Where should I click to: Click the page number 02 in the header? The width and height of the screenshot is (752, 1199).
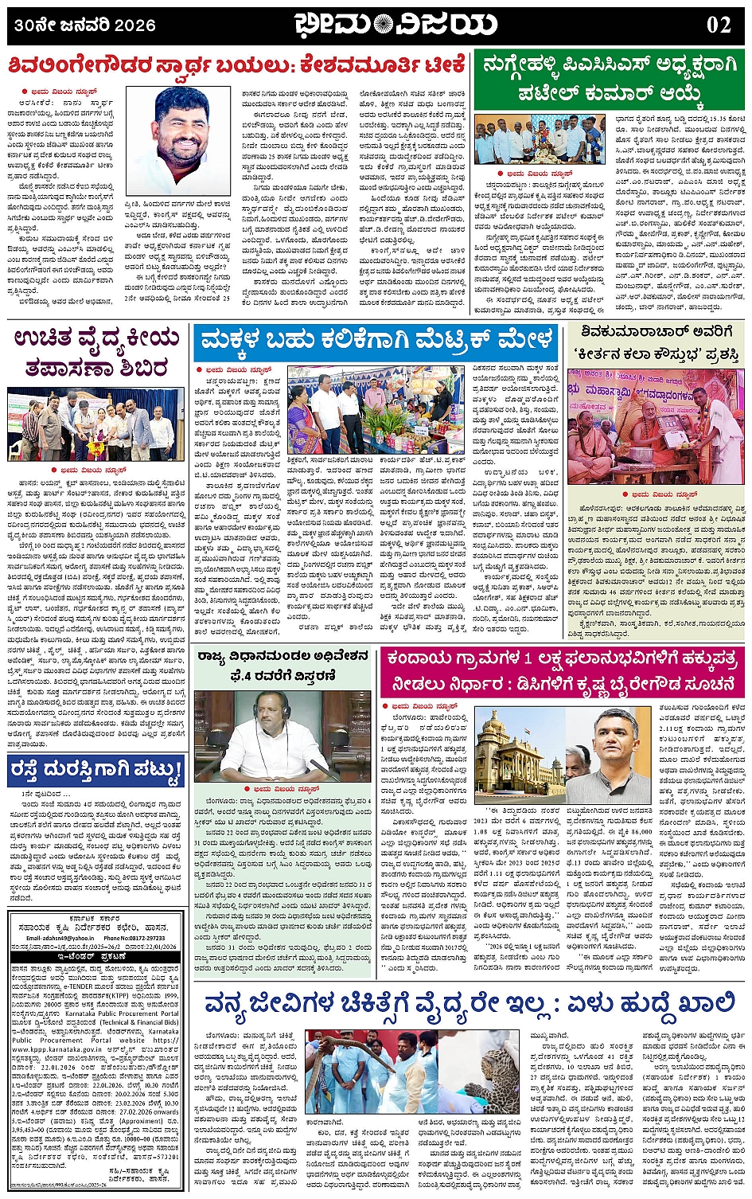click(x=718, y=25)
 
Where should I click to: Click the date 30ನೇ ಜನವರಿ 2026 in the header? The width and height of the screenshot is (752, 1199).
click(x=84, y=25)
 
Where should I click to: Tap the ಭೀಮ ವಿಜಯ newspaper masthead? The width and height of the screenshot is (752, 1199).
click(x=395, y=25)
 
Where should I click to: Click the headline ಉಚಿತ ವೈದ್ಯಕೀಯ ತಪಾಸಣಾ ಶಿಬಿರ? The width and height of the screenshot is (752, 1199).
click(x=96, y=353)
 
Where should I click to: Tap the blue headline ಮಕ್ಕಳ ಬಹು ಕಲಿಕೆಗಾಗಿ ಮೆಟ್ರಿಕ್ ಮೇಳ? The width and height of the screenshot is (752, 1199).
click(x=377, y=342)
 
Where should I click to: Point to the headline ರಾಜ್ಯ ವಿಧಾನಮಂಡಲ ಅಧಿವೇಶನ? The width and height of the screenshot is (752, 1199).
click(x=283, y=657)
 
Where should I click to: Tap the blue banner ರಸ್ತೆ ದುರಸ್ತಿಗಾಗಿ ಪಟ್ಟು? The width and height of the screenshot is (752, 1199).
click(x=96, y=770)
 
